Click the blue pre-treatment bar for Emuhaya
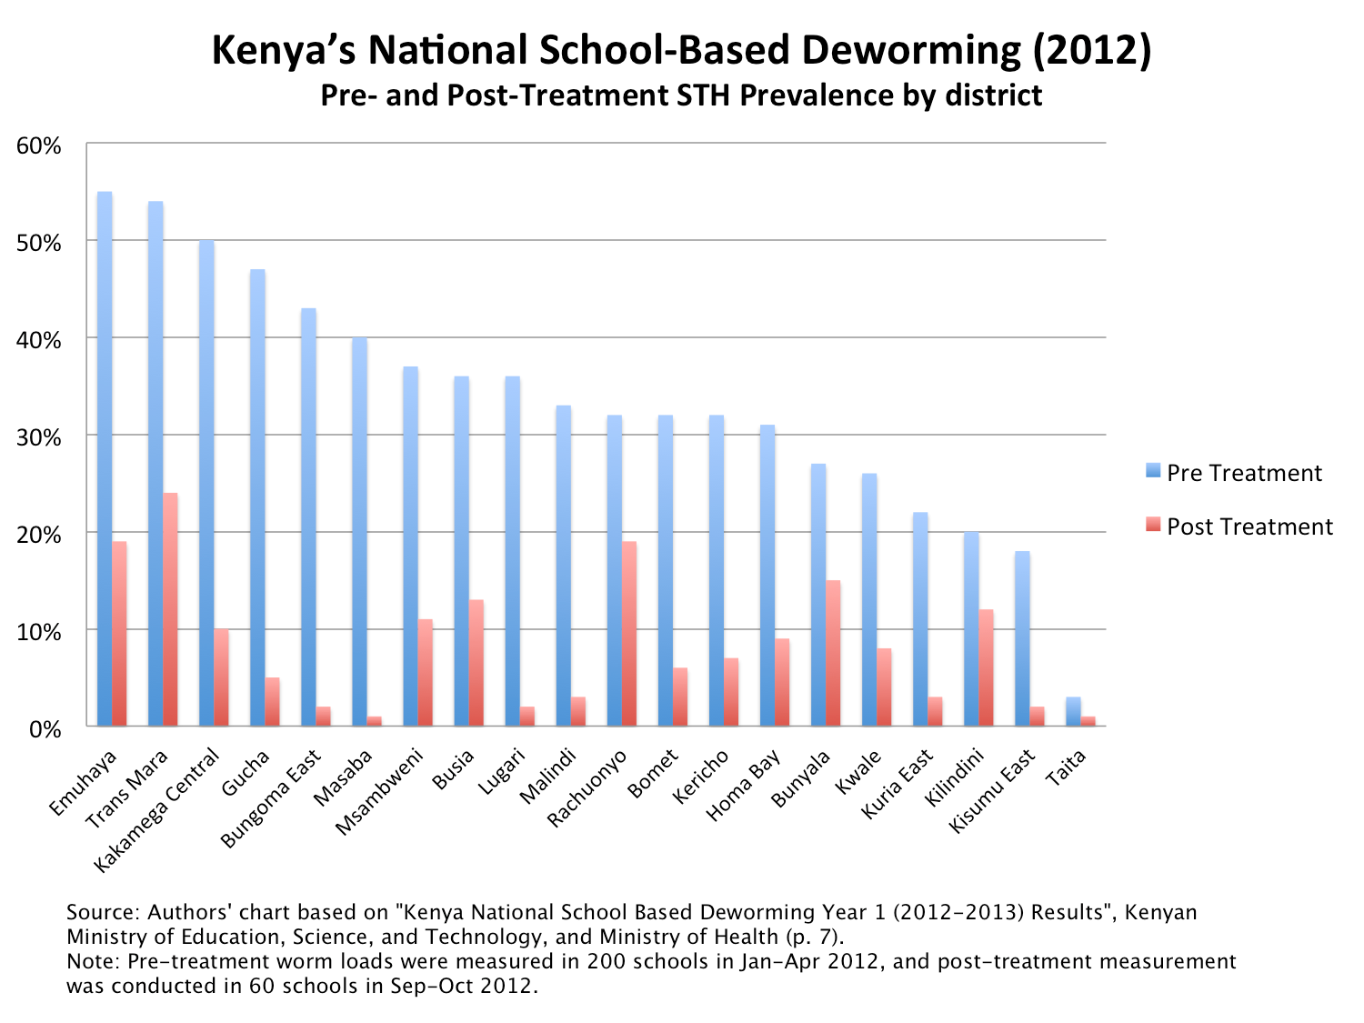105,459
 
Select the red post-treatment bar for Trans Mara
170,609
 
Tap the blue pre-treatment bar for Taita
1073,712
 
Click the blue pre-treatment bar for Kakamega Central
206,483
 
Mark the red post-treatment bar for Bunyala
832,653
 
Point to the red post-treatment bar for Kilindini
986,667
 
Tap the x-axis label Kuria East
897,783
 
